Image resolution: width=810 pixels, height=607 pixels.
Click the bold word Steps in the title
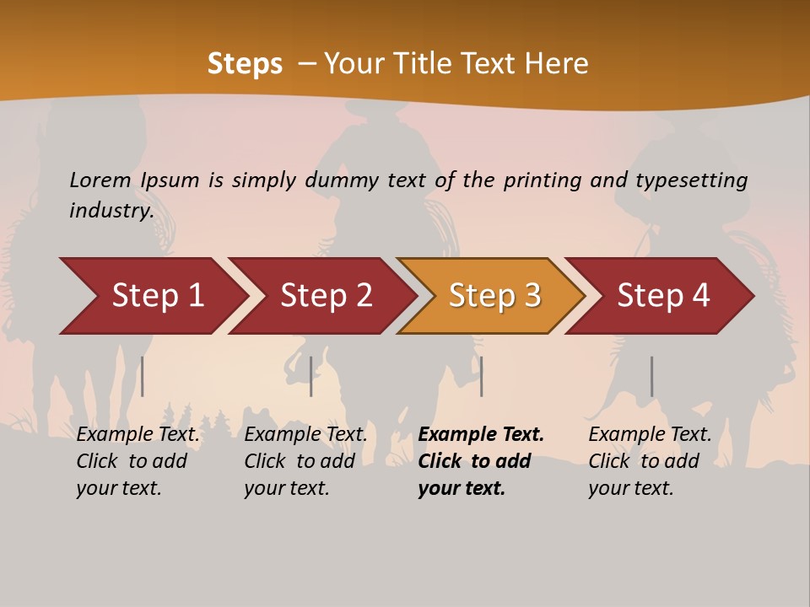pyautogui.click(x=245, y=64)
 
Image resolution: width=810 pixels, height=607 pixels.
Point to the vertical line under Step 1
pyautogui.click(x=143, y=376)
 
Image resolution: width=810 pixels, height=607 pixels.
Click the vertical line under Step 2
pyautogui.click(x=311, y=376)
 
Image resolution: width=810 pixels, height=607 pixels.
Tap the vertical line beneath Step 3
pyautogui.click(x=481, y=376)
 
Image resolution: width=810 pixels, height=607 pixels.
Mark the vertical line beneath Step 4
pyautogui.click(x=651, y=376)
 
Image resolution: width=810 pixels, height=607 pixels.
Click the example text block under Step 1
pyautogui.click(x=138, y=461)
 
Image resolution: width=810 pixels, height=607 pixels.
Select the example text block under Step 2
pyautogui.click(x=305, y=461)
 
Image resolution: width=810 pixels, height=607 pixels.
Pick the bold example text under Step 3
pyautogui.click(x=481, y=461)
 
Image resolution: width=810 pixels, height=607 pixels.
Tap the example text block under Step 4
pyautogui.click(x=650, y=461)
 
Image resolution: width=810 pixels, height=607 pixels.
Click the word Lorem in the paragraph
pyautogui.click(x=100, y=180)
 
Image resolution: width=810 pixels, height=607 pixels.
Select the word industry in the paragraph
pyautogui.click(x=111, y=211)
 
